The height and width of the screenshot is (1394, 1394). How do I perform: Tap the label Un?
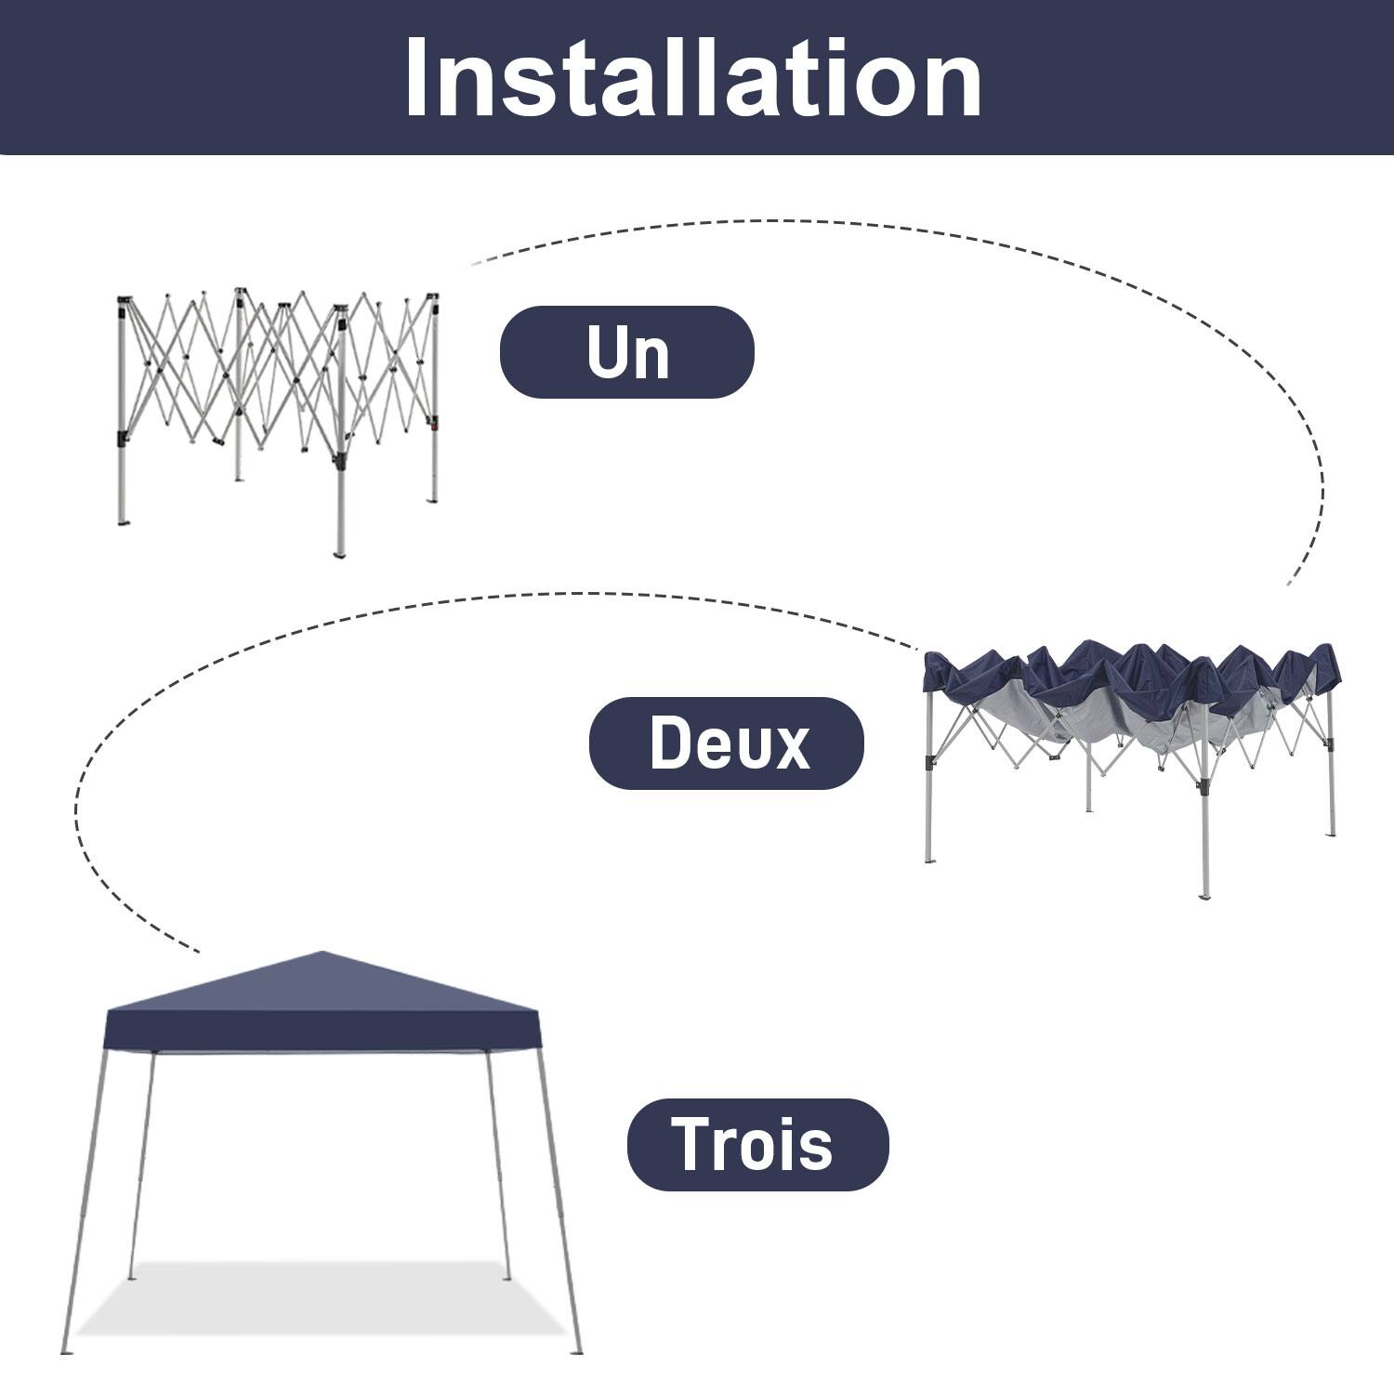pos(627,352)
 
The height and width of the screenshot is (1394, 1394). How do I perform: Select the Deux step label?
pos(727,743)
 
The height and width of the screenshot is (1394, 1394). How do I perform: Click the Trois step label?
pos(756,1144)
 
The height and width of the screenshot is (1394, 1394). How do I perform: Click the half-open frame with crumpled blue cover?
pos(1129,743)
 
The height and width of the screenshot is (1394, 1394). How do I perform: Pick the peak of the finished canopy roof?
pos(322,953)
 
